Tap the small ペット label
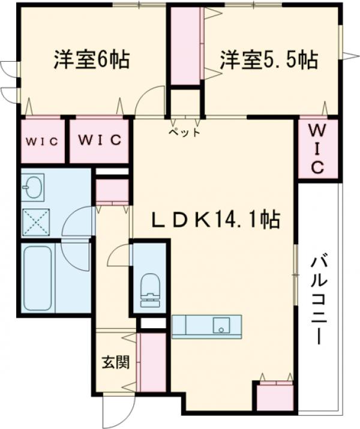click(184, 132)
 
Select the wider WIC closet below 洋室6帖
click(99, 142)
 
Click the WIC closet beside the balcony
click(317, 148)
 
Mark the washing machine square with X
click(36, 221)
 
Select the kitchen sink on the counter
click(222, 326)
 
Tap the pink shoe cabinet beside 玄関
click(151, 362)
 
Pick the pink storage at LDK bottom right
click(274, 396)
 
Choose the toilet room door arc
click(118, 257)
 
